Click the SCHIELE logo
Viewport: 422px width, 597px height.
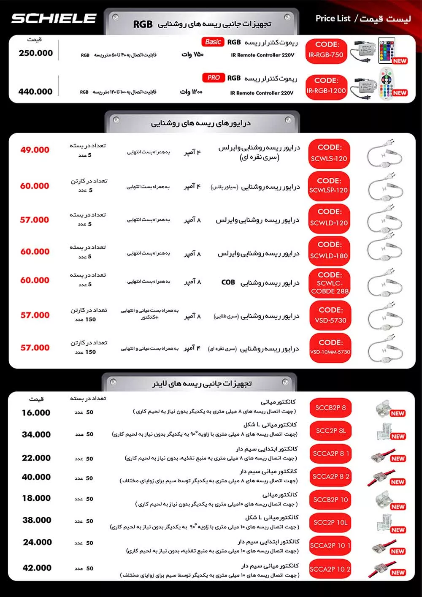click(54, 19)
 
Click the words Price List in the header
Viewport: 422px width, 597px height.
click(333, 19)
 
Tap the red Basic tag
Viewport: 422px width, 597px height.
click(213, 42)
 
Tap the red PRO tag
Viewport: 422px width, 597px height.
click(213, 78)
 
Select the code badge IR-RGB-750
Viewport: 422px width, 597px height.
click(325, 51)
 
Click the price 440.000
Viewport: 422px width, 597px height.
click(35, 92)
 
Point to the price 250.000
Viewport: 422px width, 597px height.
click(36, 53)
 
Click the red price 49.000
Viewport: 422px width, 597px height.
click(35, 150)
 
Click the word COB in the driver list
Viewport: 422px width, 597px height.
click(228, 282)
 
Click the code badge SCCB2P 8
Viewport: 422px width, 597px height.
click(330, 408)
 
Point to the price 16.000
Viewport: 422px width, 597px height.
click(36, 413)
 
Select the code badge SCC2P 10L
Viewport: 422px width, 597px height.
click(330, 523)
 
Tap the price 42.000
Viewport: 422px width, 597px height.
click(37, 568)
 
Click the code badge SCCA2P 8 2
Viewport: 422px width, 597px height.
click(330, 477)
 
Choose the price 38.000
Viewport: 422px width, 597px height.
click(37, 520)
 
